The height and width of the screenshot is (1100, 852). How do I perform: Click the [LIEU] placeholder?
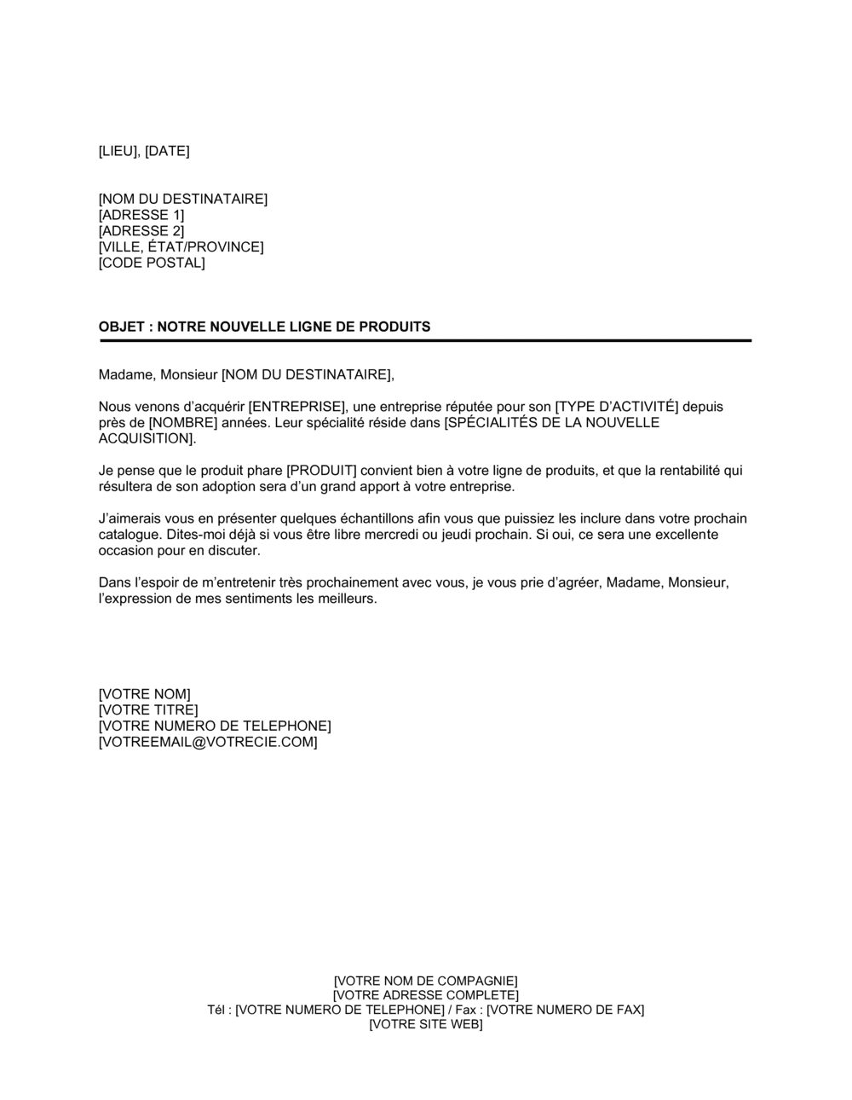pos(118,152)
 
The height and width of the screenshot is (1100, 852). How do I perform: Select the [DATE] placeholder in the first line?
pos(167,152)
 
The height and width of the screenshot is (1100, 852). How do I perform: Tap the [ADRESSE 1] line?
pos(141,215)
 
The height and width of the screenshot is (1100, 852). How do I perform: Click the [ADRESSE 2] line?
pos(141,231)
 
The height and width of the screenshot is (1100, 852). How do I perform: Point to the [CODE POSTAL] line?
pos(152,263)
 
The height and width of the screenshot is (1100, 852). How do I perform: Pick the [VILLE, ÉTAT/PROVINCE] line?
pos(181,247)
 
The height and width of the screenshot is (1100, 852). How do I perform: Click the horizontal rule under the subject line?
pos(425,341)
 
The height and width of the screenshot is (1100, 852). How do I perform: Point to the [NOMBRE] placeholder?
pos(182,423)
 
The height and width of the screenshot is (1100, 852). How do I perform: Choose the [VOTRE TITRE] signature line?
pos(148,710)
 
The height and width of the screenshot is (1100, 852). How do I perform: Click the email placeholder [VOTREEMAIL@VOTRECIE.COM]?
pos(208,743)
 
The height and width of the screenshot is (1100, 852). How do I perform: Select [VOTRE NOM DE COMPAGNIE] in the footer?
pos(425,981)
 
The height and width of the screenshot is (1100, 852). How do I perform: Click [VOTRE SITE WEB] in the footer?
pos(425,1024)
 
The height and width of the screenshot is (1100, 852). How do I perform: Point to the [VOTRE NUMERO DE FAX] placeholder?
pos(565,1010)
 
